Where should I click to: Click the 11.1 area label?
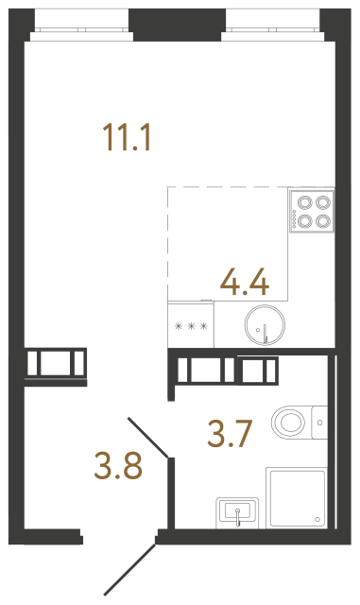(x=127, y=139)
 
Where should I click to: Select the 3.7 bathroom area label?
(x=231, y=435)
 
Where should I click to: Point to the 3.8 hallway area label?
(x=120, y=465)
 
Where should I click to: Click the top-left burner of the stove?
(x=304, y=201)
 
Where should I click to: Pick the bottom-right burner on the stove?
(x=323, y=221)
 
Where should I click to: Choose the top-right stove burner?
(x=323, y=201)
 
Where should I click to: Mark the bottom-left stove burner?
(x=304, y=221)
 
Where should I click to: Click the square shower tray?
(x=297, y=497)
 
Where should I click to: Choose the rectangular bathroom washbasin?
(x=238, y=512)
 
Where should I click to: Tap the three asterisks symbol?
(x=191, y=328)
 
